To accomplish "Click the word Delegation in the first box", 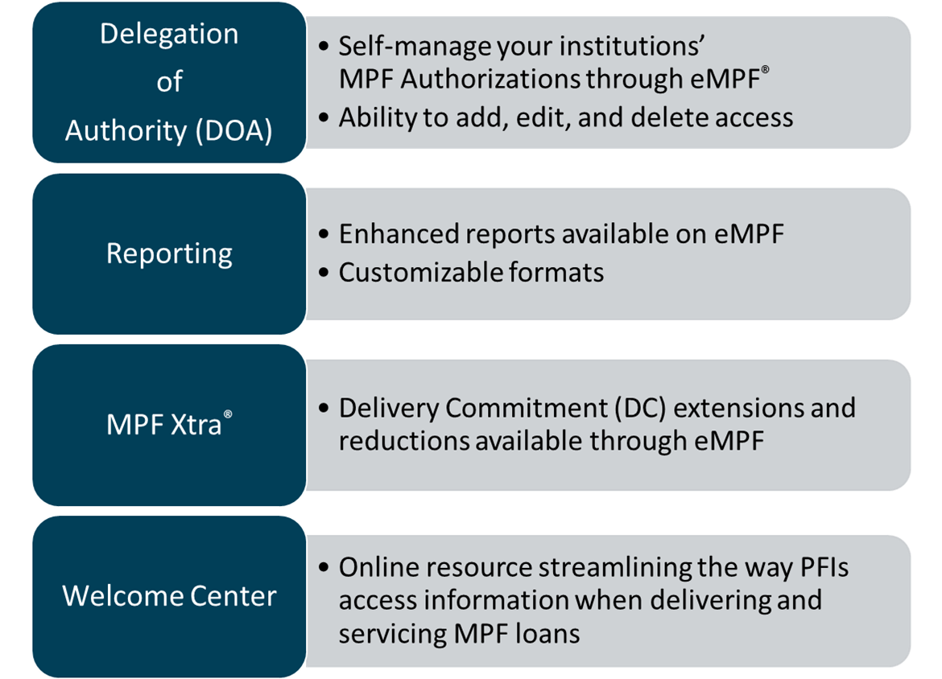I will (169, 35).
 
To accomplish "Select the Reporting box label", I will (169, 253).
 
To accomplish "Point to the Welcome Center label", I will (169, 596).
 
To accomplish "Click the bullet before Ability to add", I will (324, 117).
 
